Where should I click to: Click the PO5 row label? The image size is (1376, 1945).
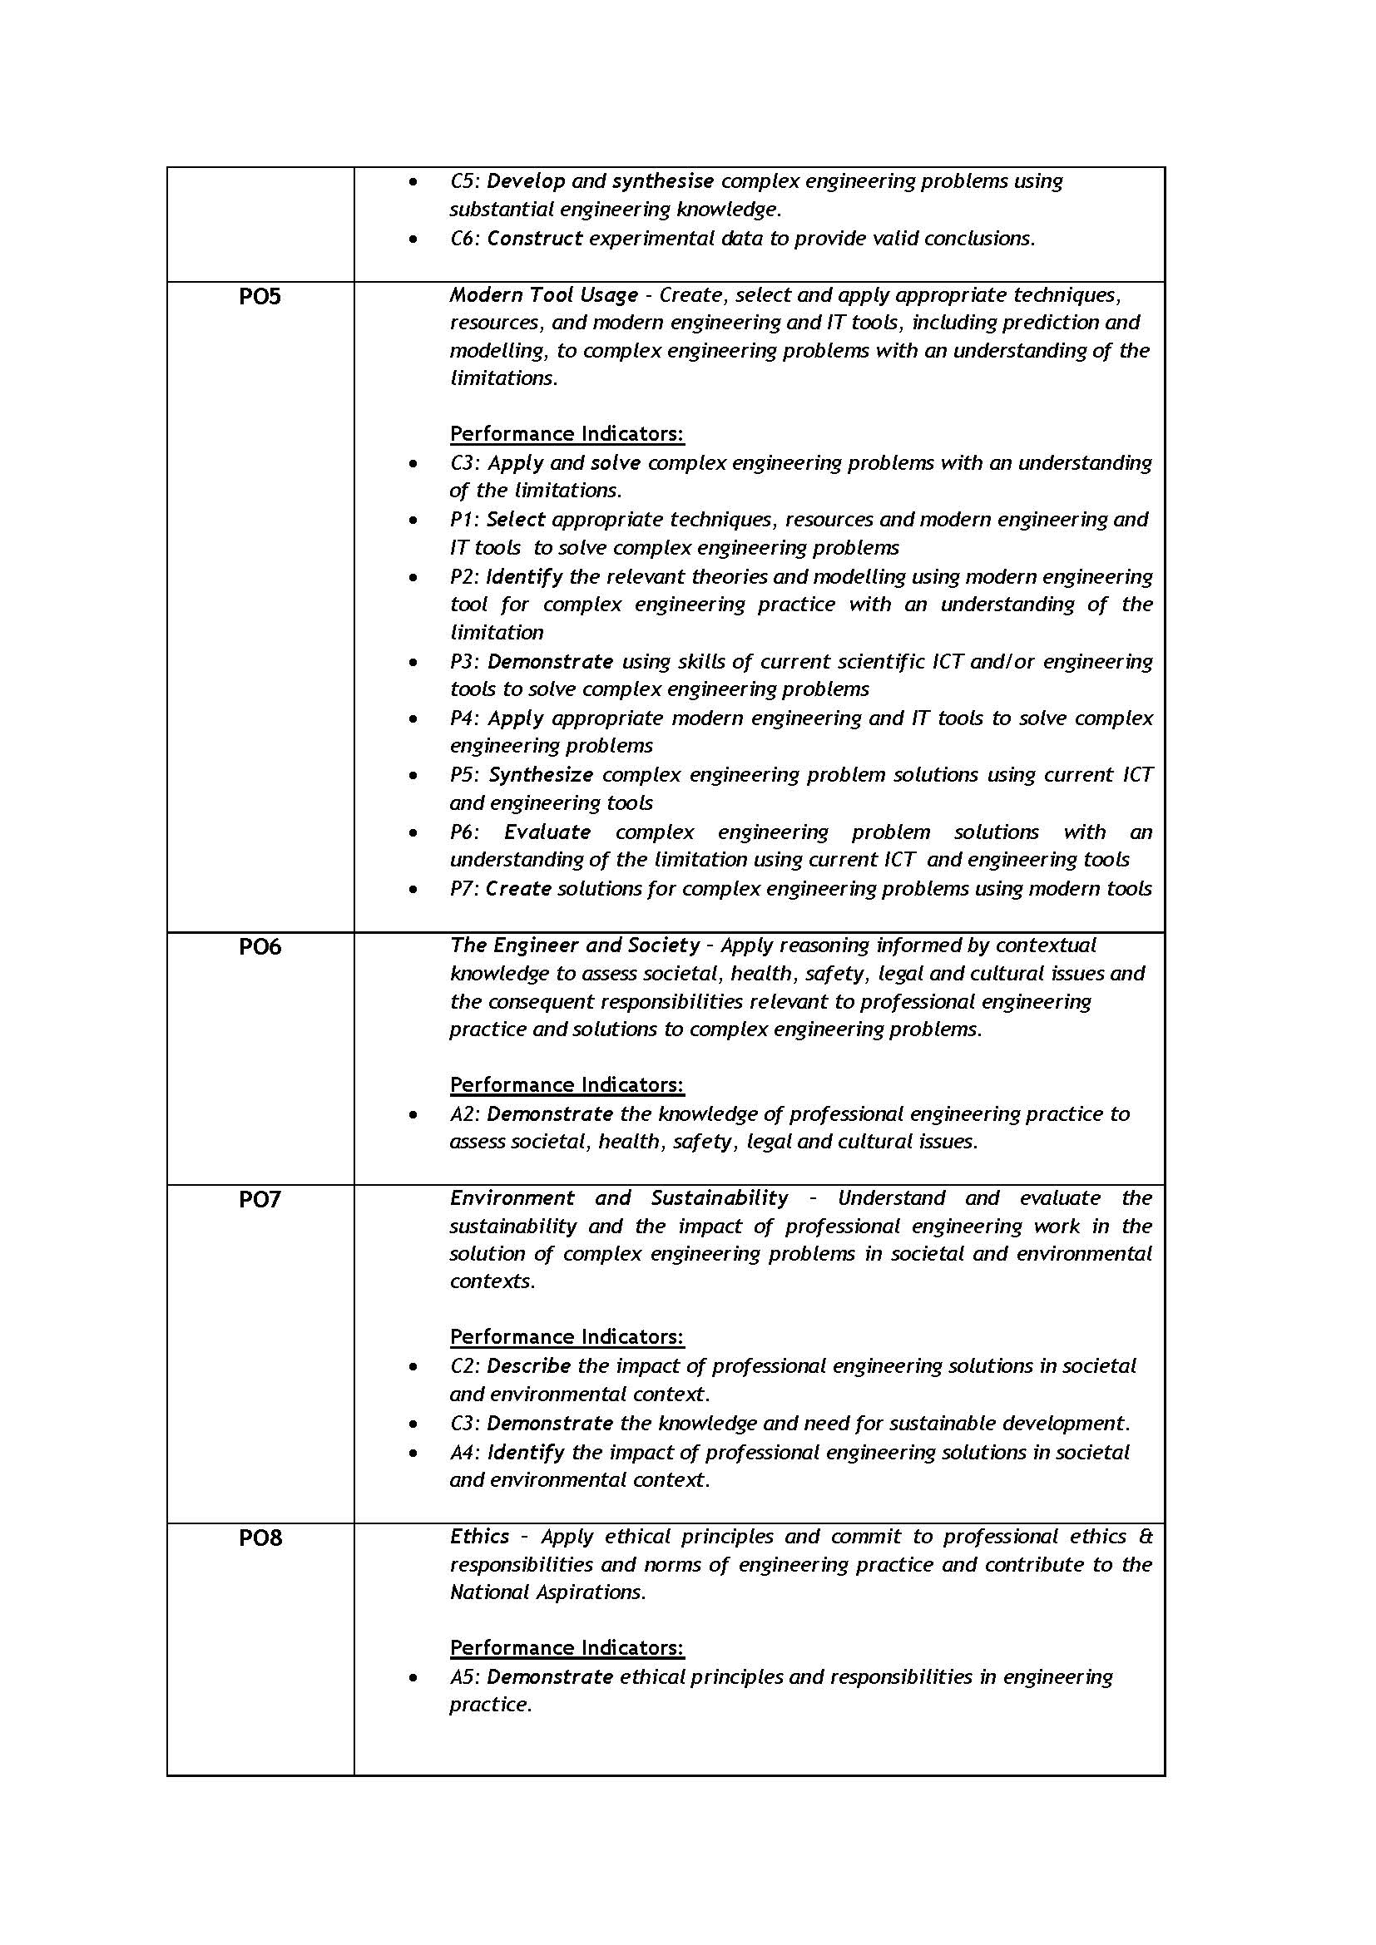coord(260,297)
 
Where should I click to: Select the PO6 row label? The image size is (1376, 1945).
coord(260,947)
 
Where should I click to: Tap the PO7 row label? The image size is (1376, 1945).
coord(260,1200)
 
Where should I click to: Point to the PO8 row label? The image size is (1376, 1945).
coord(260,1538)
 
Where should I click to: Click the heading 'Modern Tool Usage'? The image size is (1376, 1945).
coord(543,295)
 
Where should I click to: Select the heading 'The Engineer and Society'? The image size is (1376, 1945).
coord(575,945)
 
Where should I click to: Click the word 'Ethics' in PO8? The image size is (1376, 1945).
coord(479,1537)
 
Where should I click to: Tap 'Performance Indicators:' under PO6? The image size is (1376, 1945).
coord(567,1085)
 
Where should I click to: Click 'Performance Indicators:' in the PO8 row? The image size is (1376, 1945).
coord(567,1647)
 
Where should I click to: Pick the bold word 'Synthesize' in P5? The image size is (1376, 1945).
coord(541,775)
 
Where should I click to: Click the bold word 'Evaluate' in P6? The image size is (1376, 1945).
coord(547,832)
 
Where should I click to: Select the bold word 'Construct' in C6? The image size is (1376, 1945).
coord(534,239)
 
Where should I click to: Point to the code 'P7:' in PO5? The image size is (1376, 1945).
coord(465,889)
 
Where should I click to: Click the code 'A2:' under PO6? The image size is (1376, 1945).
coord(465,1114)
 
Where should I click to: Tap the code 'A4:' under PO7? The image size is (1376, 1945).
coord(465,1453)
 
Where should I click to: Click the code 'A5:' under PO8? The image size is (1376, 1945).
coord(465,1676)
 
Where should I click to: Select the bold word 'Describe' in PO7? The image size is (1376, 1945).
coord(529,1366)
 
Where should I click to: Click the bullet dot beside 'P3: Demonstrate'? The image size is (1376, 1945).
coord(413,663)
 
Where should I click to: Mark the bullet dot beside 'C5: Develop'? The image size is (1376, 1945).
coord(413,182)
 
